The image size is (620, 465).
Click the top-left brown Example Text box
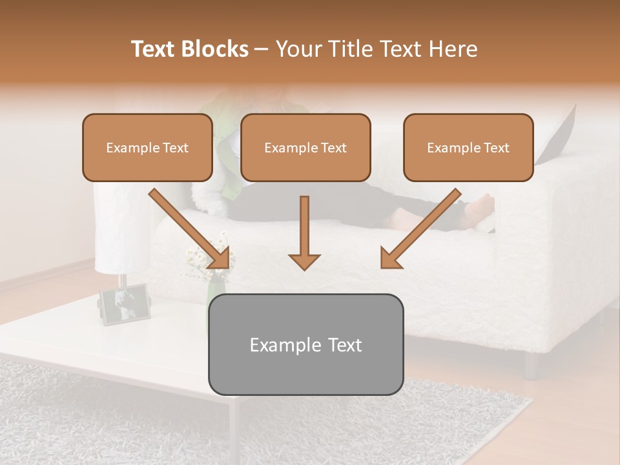tap(147, 148)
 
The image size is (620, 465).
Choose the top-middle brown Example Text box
tap(305, 148)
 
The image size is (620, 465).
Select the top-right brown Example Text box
tap(468, 148)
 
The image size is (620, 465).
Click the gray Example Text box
tap(305, 345)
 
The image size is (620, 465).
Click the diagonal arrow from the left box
tap(189, 228)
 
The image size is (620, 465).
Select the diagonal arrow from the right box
tap(422, 228)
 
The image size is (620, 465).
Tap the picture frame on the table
tap(124, 304)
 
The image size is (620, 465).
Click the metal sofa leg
tap(531, 366)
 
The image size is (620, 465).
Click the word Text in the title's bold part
tap(154, 49)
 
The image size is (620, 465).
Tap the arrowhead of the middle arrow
tap(304, 261)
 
